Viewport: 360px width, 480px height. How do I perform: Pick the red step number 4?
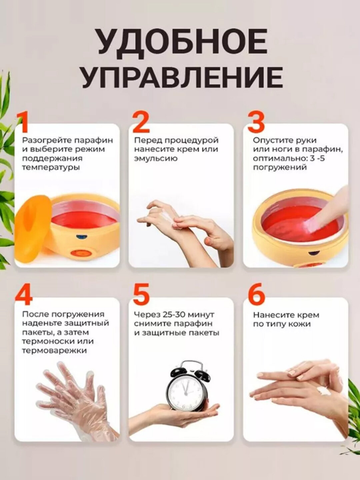tap(24, 295)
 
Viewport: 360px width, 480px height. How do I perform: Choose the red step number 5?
tap(141, 295)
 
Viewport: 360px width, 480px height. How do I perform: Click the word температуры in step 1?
tap(51, 167)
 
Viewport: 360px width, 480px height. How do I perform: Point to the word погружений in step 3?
tap(280, 167)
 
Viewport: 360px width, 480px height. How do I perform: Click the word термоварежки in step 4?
tap(54, 350)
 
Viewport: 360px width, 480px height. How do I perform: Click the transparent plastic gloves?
tap(73, 397)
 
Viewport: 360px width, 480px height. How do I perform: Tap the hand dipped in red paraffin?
tap(320, 213)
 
